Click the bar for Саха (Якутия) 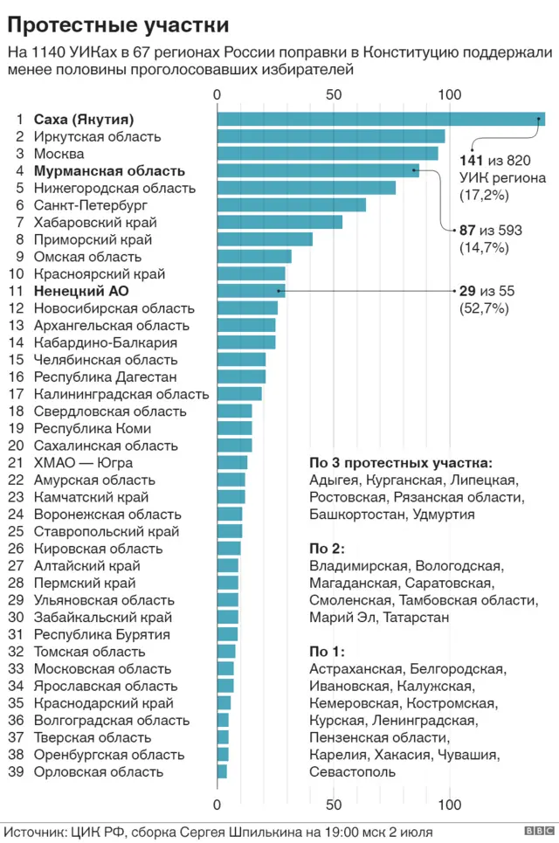380,120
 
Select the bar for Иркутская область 330,136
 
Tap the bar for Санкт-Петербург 291,205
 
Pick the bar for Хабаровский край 279,222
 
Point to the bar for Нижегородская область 306,188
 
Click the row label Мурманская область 109,171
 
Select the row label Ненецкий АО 81,291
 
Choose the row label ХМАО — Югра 84,462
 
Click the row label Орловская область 98,771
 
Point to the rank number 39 15,771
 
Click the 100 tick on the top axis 450,94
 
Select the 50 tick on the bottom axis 333,805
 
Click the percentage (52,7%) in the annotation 484,307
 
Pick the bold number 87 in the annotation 467,231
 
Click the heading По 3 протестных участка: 401,462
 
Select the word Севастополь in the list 352,771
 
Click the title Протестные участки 119,24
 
